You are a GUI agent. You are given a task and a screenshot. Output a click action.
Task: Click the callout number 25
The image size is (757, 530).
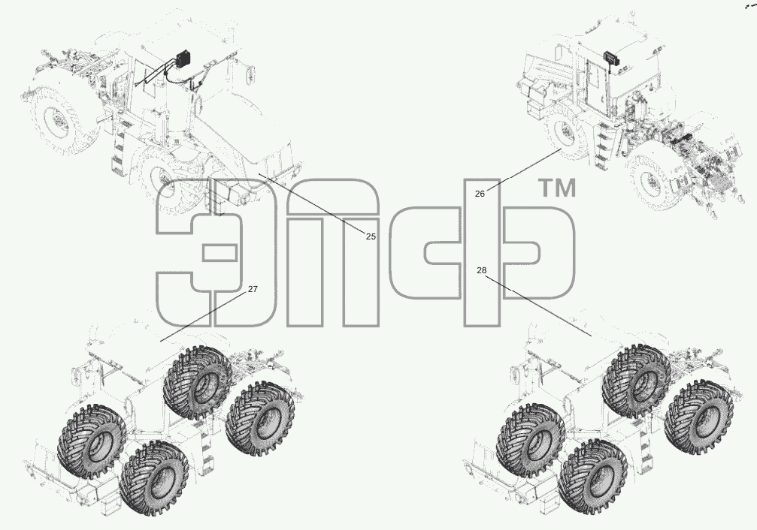pyautogui.click(x=371, y=236)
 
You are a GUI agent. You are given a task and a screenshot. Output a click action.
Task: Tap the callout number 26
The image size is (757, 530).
pyautogui.click(x=480, y=194)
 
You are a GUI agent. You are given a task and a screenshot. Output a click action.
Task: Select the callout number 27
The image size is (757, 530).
pyautogui.click(x=253, y=289)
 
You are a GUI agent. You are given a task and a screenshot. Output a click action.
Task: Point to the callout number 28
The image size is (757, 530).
pyautogui.click(x=481, y=270)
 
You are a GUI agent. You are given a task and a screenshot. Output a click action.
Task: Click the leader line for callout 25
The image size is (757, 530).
pyautogui.click(x=312, y=203)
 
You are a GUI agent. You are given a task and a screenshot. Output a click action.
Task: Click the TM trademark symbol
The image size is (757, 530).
pyautogui.click(x=556, y=188)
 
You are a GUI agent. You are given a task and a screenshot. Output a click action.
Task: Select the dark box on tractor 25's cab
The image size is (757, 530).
pyautogui.click(x=183, y=59)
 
